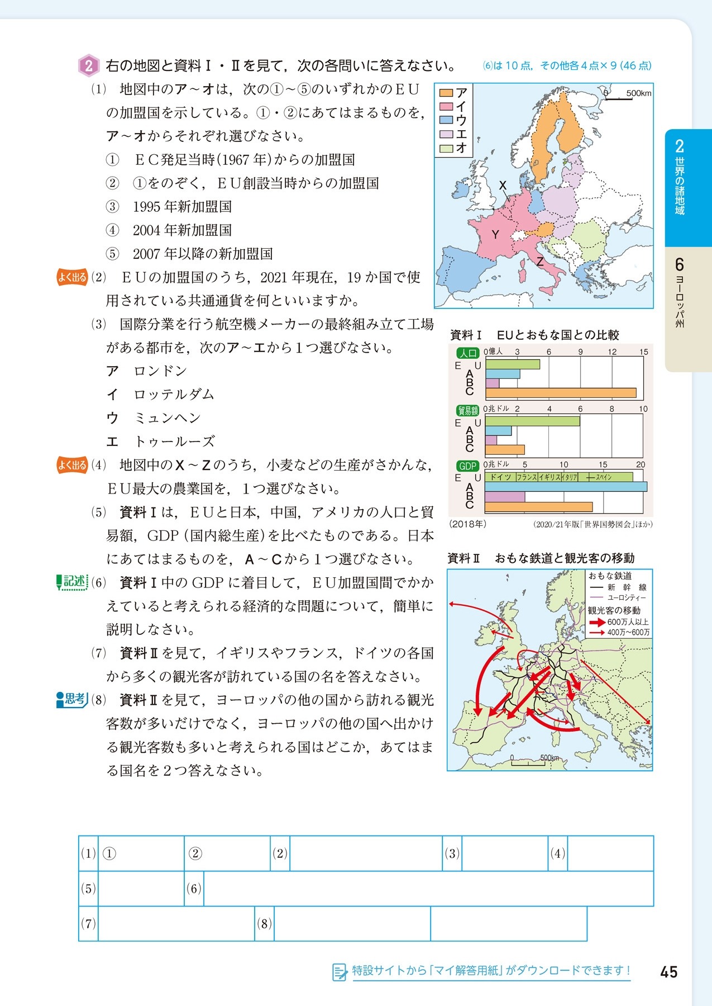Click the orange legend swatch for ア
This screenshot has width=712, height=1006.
tap(445, 93)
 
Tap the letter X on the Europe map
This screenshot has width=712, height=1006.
tap(503, 186)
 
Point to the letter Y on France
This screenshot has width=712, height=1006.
tap(495, 235)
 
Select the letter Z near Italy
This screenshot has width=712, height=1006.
tap(540, 262)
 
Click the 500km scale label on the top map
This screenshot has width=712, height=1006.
tap(638, 93)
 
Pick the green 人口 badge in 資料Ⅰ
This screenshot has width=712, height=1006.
tap(468, 353)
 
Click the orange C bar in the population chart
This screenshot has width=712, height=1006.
tap(560, 393)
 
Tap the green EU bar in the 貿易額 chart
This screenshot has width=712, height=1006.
tap(532, 421)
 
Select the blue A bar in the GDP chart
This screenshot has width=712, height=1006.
tap(565, 487)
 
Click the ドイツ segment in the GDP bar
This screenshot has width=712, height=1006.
tap(500, 477)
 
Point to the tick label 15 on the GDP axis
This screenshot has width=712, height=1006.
tap(603, 464)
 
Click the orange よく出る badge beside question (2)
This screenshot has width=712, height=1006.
tap(73, 277)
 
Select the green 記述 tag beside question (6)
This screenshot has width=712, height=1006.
tap(72, 582)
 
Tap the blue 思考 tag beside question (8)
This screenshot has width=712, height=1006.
tap(72, 699)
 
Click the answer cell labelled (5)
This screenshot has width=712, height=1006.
tap(140, 889)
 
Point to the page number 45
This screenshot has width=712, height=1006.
tap(668, 972)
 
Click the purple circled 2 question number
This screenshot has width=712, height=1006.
tap(89, 66)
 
